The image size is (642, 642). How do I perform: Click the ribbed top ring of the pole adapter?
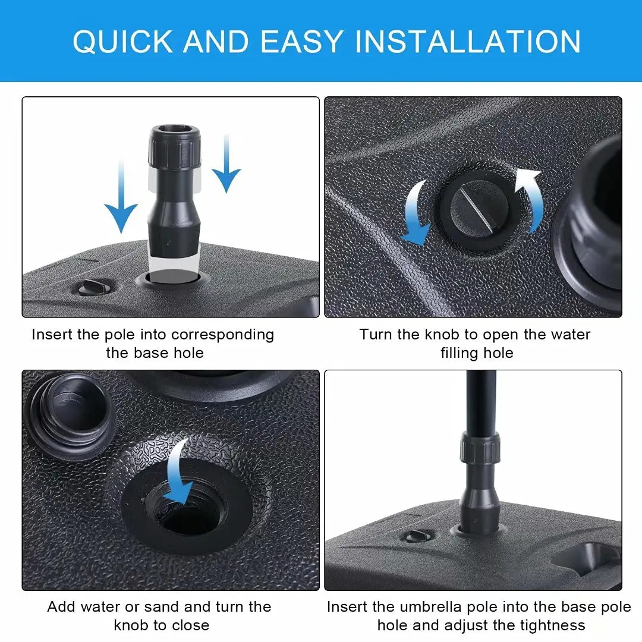[x=174, y=149]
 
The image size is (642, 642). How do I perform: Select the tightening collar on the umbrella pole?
[x=479, y=449]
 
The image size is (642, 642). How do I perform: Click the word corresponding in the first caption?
[x=222, y=335]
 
